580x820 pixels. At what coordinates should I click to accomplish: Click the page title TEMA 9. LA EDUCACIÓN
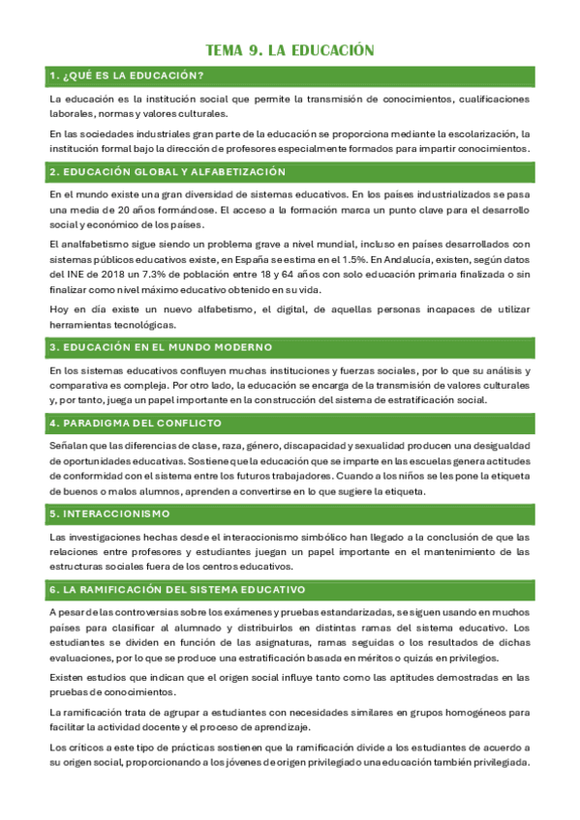pos(290,49)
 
